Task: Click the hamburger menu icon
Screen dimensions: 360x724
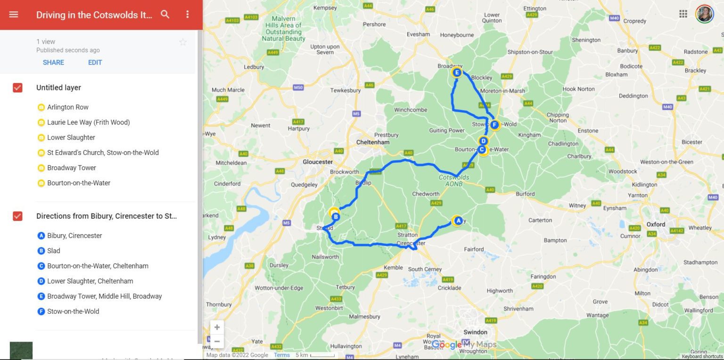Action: [14, 15]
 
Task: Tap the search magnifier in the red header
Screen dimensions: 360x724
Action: [165, 15]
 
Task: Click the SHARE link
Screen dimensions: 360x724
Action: [53, 62]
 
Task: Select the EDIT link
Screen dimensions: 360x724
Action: [95, 62]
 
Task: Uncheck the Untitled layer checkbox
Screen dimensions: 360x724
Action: [17, 88]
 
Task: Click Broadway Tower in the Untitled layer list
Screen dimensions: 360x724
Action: [71, 168]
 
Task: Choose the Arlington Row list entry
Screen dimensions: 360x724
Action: [67, 107]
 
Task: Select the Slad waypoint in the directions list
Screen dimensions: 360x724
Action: [53, 251]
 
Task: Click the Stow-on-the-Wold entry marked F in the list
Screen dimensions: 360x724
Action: [73, 311]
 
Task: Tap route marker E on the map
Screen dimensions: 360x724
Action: [456, 73]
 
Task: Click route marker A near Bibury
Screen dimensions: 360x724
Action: [457, 220]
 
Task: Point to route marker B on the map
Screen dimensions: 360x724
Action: [335, 217]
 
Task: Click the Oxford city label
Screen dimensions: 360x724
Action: [655, 224]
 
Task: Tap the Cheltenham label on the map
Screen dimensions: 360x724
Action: [373, 142]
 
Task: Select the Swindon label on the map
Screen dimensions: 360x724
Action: [475, 332]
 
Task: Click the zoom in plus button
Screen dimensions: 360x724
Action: [217, 327]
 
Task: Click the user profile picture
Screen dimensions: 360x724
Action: [705, 14]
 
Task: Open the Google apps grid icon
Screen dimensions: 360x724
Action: [683, 14]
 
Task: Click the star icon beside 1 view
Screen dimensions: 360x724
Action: [183, 42]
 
